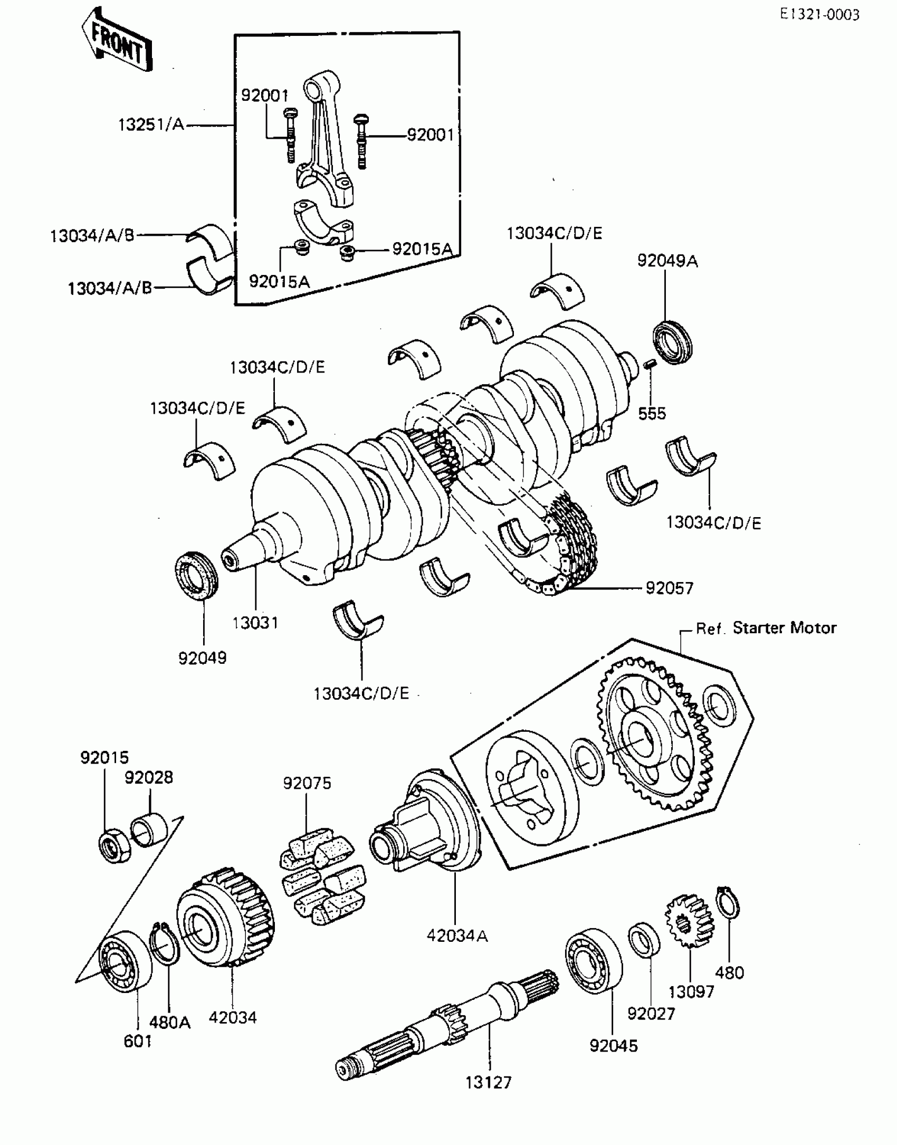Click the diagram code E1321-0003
pos(820,14)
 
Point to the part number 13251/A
pos(151,126)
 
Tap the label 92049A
pos(667,261)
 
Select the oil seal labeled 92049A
pos(673,342)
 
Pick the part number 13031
pos(255,623)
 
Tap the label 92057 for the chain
pos(670,587)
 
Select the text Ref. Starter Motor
pos(766,628)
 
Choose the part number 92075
pos(307,783)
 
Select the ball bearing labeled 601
pos(126,960)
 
